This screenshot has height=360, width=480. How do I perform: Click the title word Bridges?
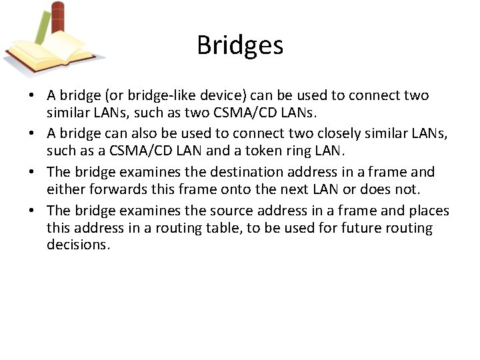(x=240, y=45)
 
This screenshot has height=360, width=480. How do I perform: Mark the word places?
(x=427, y=211)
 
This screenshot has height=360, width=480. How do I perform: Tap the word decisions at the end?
(x=77, y=245)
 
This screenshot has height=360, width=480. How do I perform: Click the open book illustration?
(x=50, y=53)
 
